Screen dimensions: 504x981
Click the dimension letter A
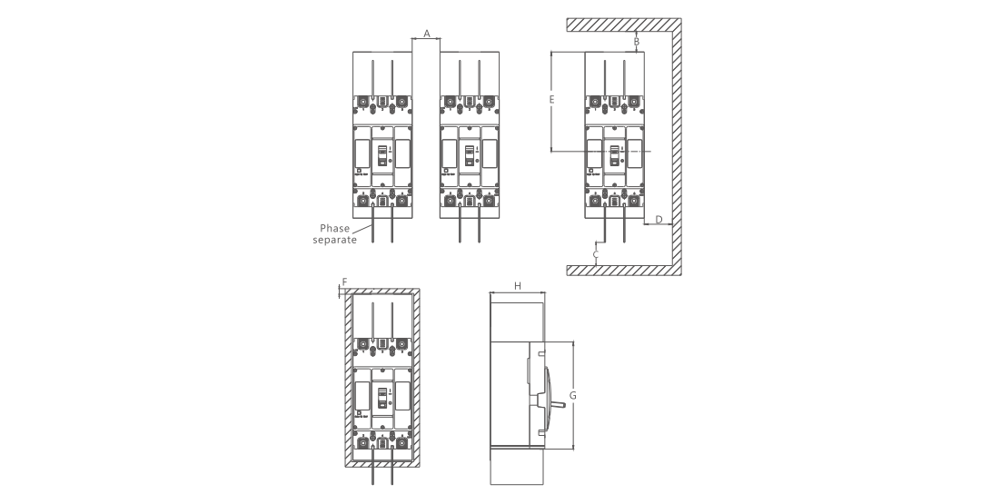tap(426, 33)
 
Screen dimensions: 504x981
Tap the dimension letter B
tap(637, 42)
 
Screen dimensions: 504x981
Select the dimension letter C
tap(596, 256)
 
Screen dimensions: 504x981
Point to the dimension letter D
tap(659, 219)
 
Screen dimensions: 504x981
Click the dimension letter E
tap(551, 100)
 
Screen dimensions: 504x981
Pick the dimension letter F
tap(343, 282)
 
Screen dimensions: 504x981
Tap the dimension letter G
tap(572, 395)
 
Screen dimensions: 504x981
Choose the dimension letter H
tap(517, 285)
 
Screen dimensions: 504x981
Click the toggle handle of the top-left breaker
tap(382, 153)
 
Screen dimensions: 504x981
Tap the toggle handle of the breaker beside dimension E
tap(614, 155)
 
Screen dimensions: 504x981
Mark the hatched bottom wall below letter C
tap(622, 270)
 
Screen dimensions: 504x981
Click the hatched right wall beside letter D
tap(676, 145)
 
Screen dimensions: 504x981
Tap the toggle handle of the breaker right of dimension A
tap(469, 153)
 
